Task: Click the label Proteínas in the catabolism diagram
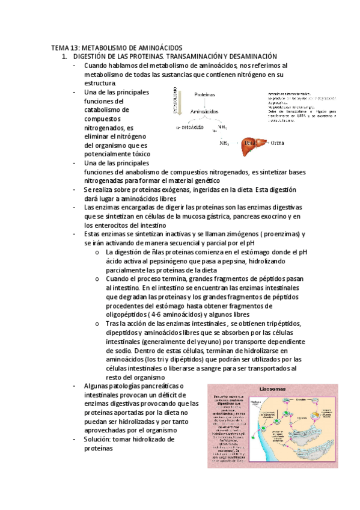205,95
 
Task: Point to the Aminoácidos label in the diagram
204,112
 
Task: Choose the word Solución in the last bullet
100,439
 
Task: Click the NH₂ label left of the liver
224,143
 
